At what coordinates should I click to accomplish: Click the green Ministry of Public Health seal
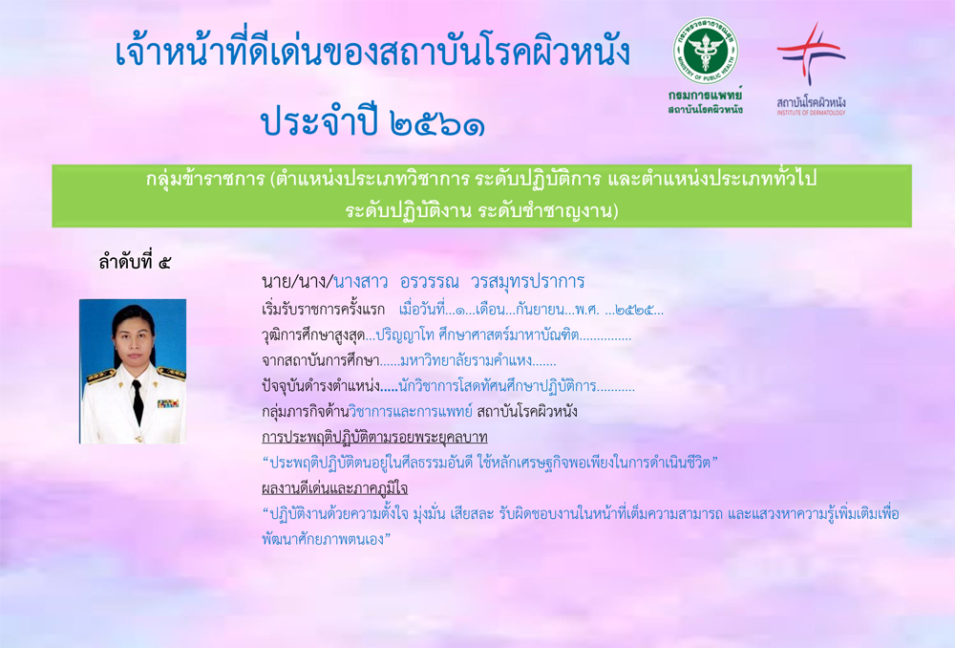point(706,51)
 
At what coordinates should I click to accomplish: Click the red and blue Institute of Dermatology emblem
point(811,53)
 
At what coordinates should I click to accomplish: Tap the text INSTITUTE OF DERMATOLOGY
point(811,113)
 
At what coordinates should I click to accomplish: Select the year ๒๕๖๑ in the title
point(435,123)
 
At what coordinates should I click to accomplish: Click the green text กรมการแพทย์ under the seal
point(706,96)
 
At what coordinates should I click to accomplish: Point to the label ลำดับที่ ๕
point(135,262)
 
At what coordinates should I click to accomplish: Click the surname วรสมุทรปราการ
point(527,282)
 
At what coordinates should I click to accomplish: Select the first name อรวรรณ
point(430,282)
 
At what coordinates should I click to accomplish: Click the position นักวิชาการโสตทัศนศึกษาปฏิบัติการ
point(497,386)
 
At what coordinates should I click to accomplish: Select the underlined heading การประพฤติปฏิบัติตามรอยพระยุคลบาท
point(374,437)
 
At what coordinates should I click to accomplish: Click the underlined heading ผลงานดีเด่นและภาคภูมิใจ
point(334,488)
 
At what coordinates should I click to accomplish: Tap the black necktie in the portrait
point(138,401)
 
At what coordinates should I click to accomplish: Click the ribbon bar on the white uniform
point(167,403)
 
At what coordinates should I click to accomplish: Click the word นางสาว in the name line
point(361,282)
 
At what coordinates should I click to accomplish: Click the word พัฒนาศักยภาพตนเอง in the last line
point(323,539)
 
